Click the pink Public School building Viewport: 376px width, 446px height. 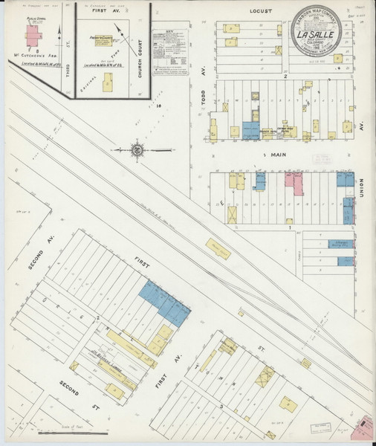point(32,35)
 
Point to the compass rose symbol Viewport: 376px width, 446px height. point(137,151)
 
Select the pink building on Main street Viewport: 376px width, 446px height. point(298,184)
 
